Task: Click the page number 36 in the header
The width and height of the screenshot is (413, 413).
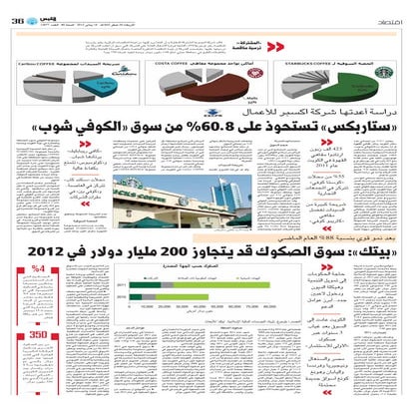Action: (x=19, y=11)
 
